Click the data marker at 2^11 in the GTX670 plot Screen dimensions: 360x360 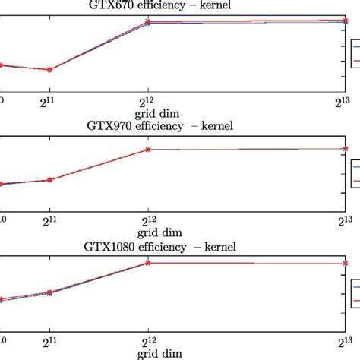49,70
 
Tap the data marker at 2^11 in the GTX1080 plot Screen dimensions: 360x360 49,292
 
